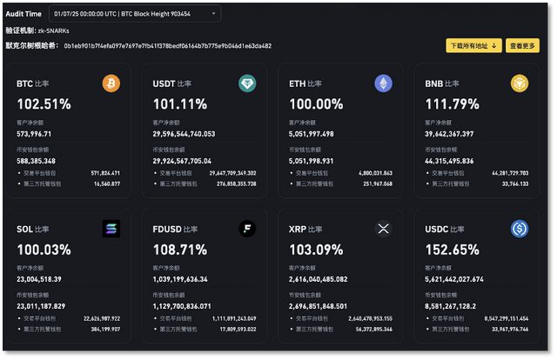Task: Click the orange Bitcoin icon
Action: point(111,83)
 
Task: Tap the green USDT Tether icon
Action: point(247,83)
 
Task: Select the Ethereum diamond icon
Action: point(383,83)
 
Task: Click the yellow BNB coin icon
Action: point(519,83)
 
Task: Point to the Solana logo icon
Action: point(111,229)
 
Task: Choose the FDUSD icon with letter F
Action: point(247,229)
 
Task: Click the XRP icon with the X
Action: point(383,229)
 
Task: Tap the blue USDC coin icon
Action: point(519,229)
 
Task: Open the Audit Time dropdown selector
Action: point(135,14)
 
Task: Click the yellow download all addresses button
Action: point(473,45)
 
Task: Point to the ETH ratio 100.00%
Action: point(315,104)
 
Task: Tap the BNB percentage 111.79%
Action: point(451,104)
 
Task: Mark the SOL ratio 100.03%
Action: point(43,250)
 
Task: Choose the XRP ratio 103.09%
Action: point(315,250)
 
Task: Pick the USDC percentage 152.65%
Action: point(451,250)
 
